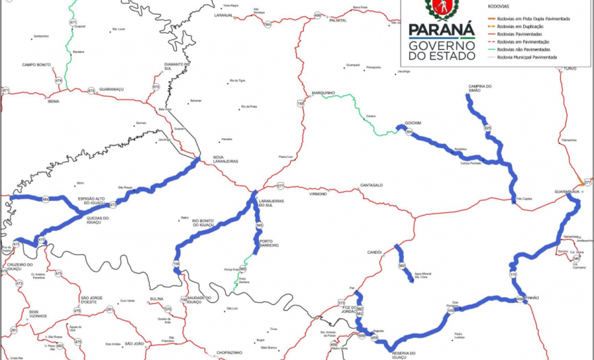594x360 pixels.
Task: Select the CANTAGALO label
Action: coord(373,186)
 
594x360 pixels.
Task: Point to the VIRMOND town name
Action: coord(318,193)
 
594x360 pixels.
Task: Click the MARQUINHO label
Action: coord(323,93)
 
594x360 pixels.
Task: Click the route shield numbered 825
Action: coord(488,128)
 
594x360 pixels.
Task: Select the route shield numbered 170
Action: coord(513,275)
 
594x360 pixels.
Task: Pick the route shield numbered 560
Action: coord(402,266)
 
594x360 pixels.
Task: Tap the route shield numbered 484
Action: coord(45,198)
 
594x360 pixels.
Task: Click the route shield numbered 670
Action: coord(156,87)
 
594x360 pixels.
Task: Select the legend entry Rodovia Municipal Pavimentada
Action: coord(526,57)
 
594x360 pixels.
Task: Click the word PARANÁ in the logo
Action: coord(441,30)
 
